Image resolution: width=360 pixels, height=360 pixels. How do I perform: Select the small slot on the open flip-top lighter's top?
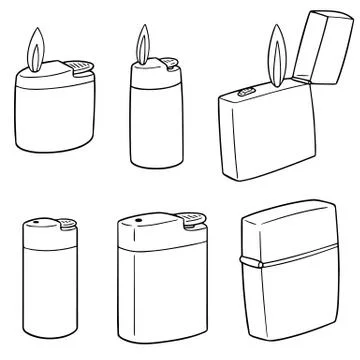coord(245,94)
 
